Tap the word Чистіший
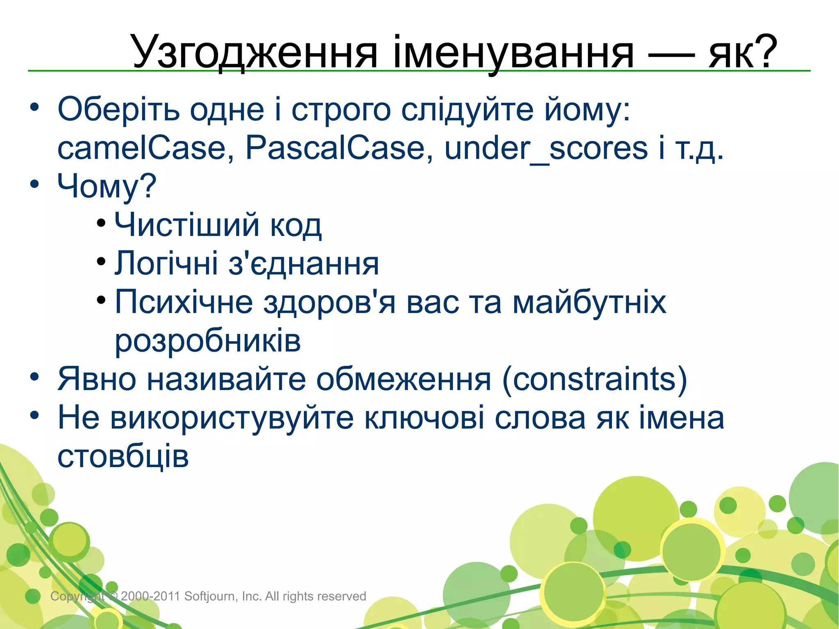coord(187,225)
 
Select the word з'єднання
coord(304,263)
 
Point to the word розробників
coord(208,341)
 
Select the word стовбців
coord(123,456)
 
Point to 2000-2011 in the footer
coord(150,596)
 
